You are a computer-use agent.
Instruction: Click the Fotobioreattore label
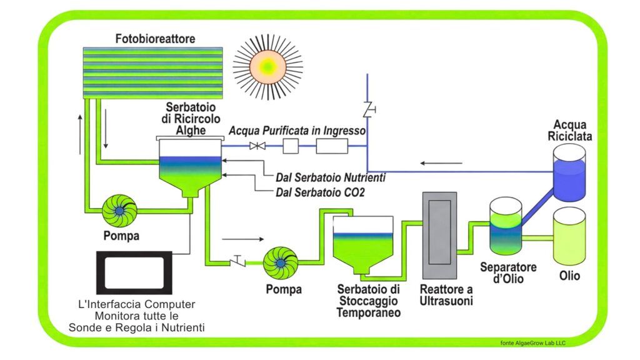[x=155, y=39]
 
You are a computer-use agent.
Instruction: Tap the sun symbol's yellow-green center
[x=267, y=65]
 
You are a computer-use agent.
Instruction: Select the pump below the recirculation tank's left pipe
[x=119, y=211]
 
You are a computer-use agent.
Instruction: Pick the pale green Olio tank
[x=569, y=236]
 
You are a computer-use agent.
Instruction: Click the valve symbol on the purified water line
[x=255, y=146]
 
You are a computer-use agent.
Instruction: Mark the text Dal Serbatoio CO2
[x=320, y=192]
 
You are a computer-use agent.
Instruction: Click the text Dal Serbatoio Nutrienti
[x=331, y=177]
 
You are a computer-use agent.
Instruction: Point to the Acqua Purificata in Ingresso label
[x=297, y=131]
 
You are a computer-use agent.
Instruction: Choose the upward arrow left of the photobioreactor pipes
[x=81, y=134]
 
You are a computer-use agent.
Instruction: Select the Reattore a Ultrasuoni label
[x=446, y=295]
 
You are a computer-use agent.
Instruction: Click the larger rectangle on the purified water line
[x=331, y=146]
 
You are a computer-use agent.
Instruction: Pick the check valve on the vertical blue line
[x=367, y=110]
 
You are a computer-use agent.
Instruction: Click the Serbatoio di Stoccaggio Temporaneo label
[x=368, y=301]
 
